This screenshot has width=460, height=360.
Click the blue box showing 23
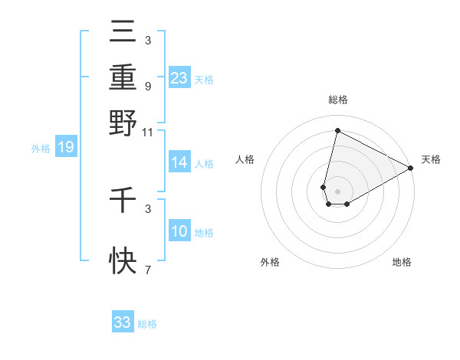(179, 77)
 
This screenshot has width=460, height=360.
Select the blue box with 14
(179, 162)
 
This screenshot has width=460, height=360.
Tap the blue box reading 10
(179, 231)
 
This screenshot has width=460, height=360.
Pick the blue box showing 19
(65, 147)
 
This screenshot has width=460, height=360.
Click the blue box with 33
(123, 322)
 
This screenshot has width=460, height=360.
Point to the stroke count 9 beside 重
(147, 86)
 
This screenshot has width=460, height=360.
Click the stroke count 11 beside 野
(147, 132)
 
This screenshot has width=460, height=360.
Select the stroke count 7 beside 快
(147, 270)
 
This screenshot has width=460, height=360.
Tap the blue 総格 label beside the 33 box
(147, 324)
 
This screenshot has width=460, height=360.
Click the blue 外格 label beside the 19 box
(40, 149)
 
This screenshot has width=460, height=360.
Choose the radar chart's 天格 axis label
(431, 159)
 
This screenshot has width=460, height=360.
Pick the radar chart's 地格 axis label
(402, 262)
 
